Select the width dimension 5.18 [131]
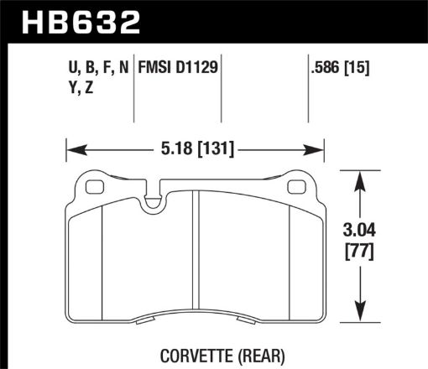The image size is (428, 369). pyautogui.click(x=195, y=150)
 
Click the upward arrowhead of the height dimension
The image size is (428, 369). pyautogui.click(x=360, y=179)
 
